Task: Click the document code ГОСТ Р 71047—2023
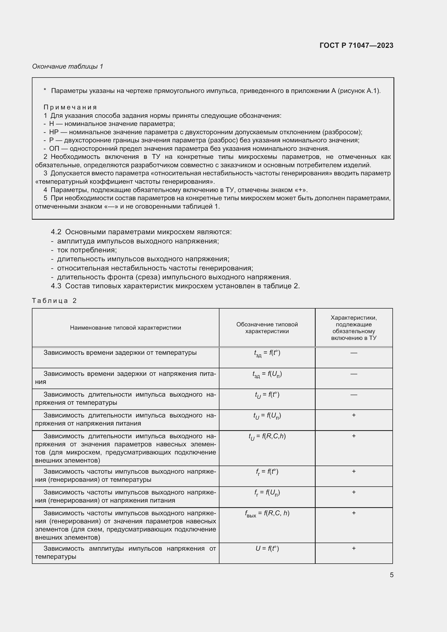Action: point(356,45)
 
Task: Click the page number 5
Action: point(391,575)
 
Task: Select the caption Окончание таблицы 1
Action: point(68,66)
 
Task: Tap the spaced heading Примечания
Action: point(70,107)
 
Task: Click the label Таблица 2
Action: point(54,300)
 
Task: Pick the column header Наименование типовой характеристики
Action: point(125,327)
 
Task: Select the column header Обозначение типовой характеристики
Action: point(267,327)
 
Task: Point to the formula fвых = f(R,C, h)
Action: point(267,514)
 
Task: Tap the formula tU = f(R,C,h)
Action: point(267,437)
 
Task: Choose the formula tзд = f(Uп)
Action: point(267,374)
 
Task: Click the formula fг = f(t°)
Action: point(267,472)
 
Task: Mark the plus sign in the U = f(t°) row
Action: point(354,548)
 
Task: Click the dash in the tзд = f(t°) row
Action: point(354,353)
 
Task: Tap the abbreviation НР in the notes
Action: point(54,132)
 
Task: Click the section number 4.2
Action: point(56,232)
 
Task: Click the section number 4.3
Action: point(56,286)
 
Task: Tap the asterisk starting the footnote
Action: point(45,90)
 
